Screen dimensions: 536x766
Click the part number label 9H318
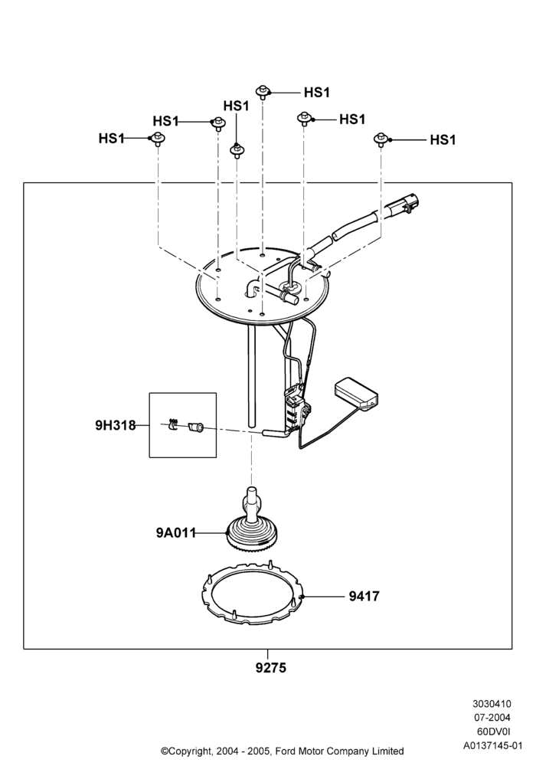115,425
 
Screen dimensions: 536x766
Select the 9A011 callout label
176,533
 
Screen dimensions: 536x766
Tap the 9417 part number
364,597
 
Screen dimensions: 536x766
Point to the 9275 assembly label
271,668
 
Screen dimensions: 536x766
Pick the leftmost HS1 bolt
157,139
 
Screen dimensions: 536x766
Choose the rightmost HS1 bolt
381,139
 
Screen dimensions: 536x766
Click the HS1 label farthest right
443,140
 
